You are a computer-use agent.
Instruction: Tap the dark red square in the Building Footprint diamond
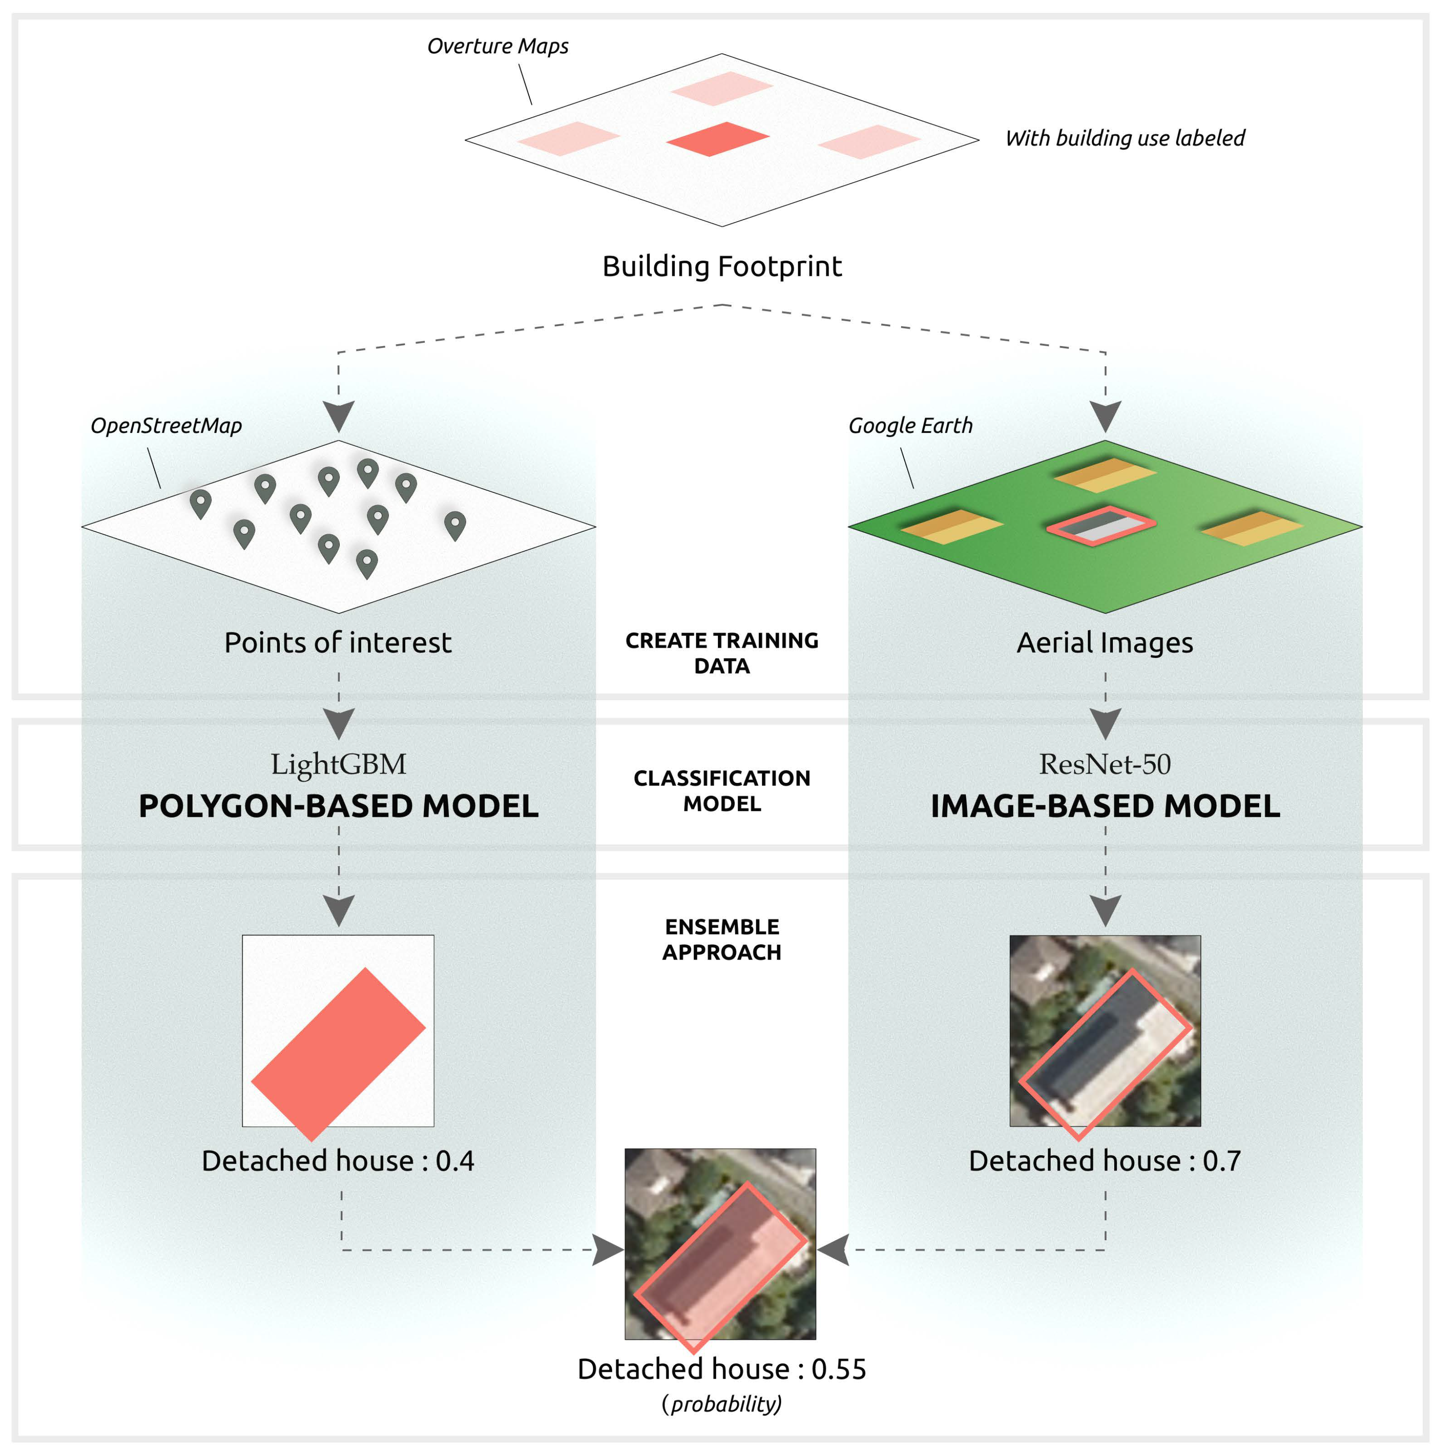717,139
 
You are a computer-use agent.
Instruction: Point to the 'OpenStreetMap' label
166,426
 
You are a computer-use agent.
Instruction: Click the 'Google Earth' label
910,426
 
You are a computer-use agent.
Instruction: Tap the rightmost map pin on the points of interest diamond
455,524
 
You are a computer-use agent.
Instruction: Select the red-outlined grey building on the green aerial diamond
1101,525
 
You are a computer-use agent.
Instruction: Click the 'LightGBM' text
338,764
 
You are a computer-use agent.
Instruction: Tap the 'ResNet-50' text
1105,764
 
